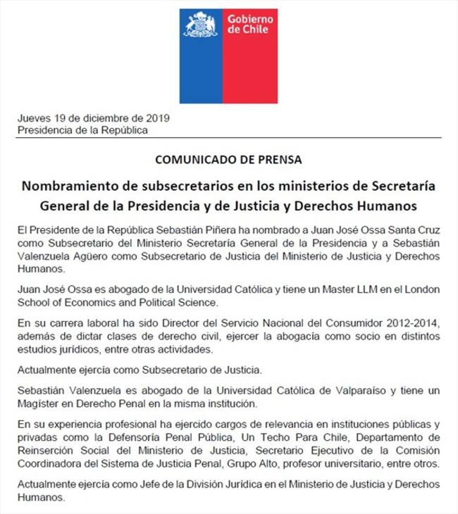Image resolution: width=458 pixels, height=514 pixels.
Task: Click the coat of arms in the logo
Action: [x=201, y=25]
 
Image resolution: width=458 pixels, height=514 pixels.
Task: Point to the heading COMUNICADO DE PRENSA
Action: [x=229, y=159]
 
